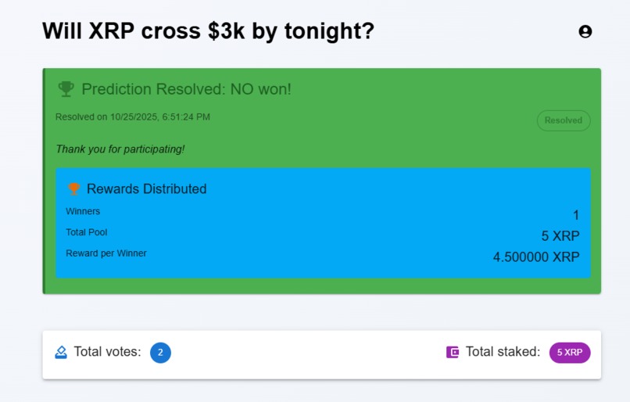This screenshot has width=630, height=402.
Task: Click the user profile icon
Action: tap(585, 31)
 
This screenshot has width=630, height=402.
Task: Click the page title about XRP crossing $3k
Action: tap(208, 31)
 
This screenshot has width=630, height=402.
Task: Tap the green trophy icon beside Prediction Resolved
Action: tap(66, 89)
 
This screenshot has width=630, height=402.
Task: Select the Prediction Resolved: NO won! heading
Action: tap(186, 89)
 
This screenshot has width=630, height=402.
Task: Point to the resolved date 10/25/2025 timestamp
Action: tap(133, 117)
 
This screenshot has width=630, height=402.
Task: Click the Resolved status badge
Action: tap(563, 120)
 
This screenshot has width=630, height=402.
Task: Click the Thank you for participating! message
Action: tap(120, 149)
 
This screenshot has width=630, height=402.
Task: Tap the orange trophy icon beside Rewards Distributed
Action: tap(74, 188)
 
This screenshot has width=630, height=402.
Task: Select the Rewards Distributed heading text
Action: tap(146, 188)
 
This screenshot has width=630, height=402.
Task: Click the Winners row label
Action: tap(83, 211)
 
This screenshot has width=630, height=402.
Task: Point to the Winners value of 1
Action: tap(576, 215)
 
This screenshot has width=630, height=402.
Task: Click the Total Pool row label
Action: tap(87, 232)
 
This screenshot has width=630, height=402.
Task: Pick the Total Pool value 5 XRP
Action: tap(560, 236)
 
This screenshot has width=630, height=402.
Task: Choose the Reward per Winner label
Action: tap(106, 253)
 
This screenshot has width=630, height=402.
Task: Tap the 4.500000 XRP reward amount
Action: tap(536, 257)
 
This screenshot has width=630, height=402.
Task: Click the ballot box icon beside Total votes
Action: tap(61, 352)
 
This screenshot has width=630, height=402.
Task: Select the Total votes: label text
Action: tap(107, 352)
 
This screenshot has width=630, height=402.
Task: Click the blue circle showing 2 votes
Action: tap(160, 353)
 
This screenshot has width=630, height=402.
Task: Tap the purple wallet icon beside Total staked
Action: tap(452, 352)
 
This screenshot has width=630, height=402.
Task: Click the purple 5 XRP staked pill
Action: tap(570, 353)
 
